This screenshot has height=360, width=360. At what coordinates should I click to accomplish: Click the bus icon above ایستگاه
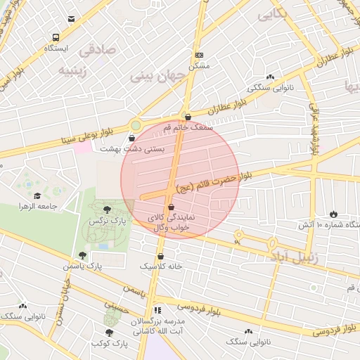55,37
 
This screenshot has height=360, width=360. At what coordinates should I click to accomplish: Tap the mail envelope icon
70,19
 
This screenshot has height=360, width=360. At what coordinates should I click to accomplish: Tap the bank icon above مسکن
199,55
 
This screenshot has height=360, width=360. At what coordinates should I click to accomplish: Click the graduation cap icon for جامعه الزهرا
37,196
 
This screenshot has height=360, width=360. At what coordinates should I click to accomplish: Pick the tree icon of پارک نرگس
107,210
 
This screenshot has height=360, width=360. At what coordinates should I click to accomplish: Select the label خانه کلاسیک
161,266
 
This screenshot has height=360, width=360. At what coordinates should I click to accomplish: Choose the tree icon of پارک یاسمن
82,255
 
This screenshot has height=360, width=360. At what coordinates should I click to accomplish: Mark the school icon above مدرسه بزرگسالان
158,309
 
